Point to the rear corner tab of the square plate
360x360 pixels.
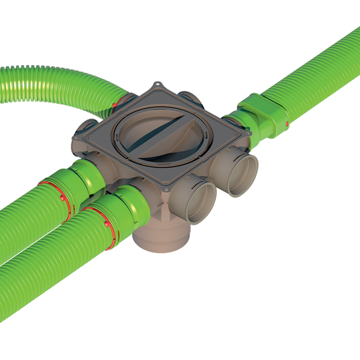coord(157,86)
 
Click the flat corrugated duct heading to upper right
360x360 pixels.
coord(319,70)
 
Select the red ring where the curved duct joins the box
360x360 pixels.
coord(117,101)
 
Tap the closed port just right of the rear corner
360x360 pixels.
coord(189,97)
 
